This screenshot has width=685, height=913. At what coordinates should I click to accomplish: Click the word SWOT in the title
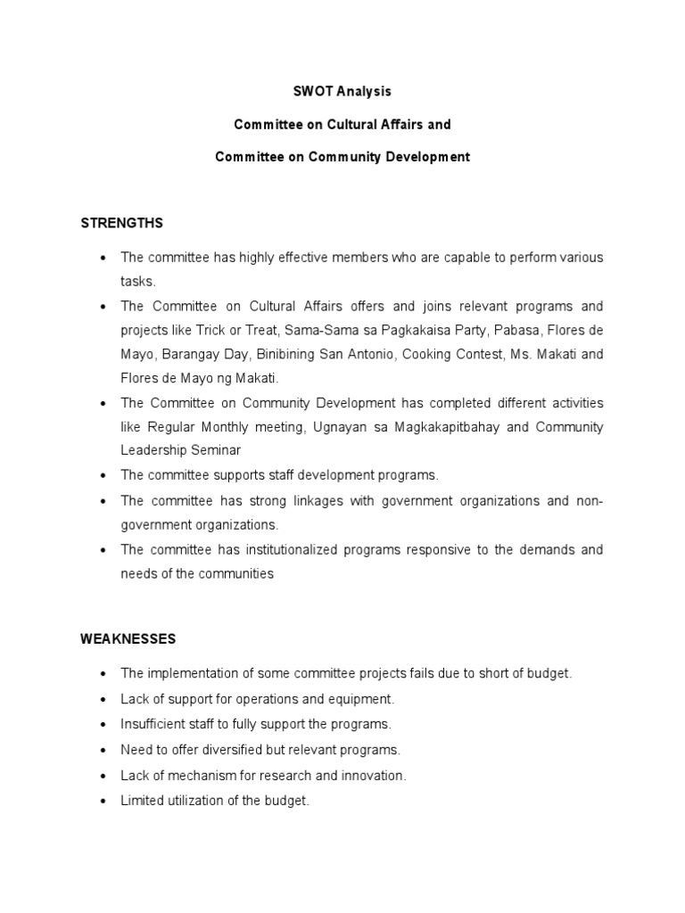311,91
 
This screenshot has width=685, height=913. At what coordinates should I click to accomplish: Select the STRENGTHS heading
122,222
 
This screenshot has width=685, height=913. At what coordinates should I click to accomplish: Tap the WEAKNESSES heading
128,638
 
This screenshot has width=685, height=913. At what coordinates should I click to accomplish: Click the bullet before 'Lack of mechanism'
103,776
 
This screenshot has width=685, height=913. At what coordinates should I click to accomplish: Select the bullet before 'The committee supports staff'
103,475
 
